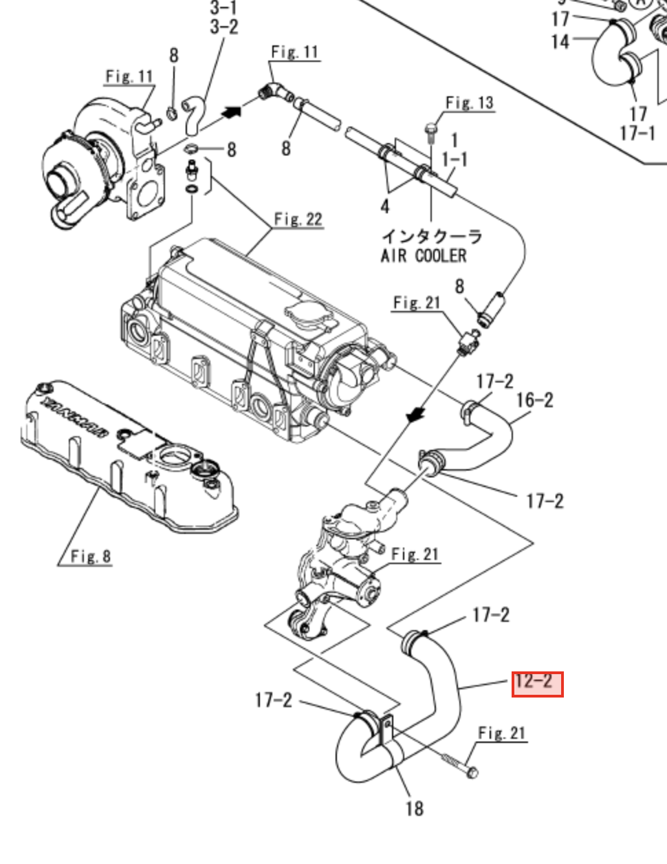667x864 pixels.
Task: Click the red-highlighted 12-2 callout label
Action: [537, 684]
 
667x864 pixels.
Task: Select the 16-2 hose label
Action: [534, 400]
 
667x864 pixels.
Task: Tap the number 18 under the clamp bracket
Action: [414, 808]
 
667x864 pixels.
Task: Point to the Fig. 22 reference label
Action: [298, 219]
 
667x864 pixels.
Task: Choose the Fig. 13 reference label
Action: [470, 103]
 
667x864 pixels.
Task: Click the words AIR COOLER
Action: [424, 256]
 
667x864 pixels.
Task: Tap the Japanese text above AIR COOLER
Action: [432, 237]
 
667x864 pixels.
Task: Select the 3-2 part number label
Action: [223, 27]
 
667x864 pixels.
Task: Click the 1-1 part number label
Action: [455, 160]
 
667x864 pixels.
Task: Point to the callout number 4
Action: [385, 206]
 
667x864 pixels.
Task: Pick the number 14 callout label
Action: [560, 41]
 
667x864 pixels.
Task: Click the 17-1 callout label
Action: [637, 132]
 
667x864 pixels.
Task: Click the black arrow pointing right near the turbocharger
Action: [232, 110]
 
